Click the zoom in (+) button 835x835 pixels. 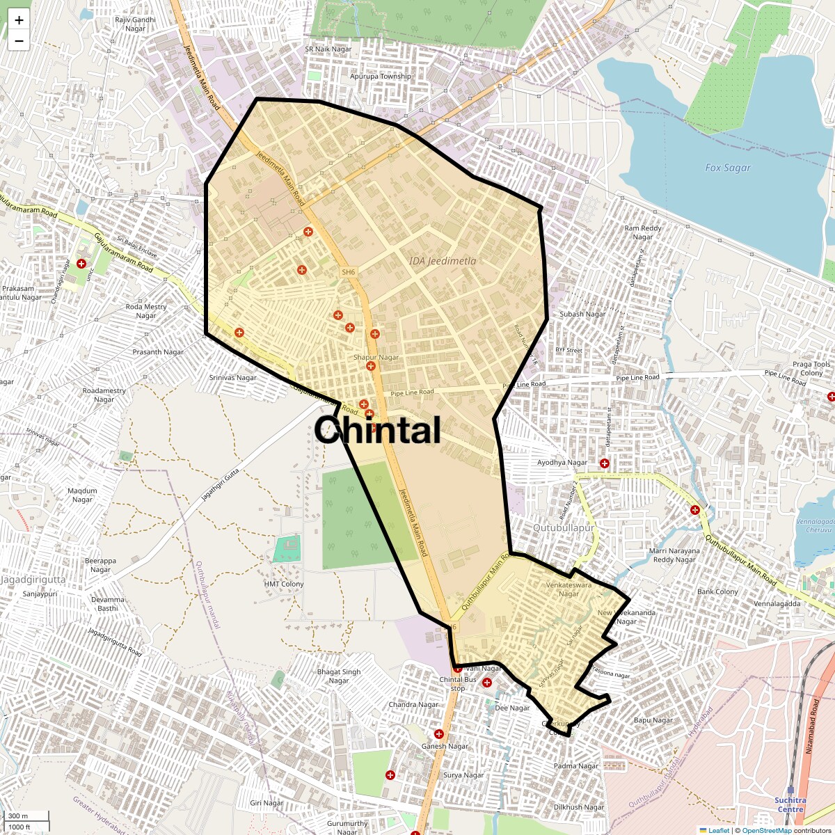[19, 20]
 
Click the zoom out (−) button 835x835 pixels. [19, 41]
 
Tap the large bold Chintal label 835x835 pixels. [377, 430]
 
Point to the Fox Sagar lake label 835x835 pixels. [728, 168]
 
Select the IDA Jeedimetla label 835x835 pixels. [443, 261]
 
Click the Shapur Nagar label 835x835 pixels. [376, 357]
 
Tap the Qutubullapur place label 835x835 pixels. [563, 528]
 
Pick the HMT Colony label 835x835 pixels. [284, 584]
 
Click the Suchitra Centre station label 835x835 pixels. [790, 804]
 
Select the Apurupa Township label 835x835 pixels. [380, 77]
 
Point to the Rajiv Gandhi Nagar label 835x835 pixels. [135, 24]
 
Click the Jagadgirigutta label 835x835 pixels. [33, 579]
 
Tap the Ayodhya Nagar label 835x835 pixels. [562, 463]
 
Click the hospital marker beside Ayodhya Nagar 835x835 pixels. [605, 463]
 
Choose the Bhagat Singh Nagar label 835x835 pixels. [339, 676]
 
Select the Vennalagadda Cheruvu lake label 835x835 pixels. [816, 525]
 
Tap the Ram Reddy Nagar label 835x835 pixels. [643, 232]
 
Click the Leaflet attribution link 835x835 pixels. [719, 830]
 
